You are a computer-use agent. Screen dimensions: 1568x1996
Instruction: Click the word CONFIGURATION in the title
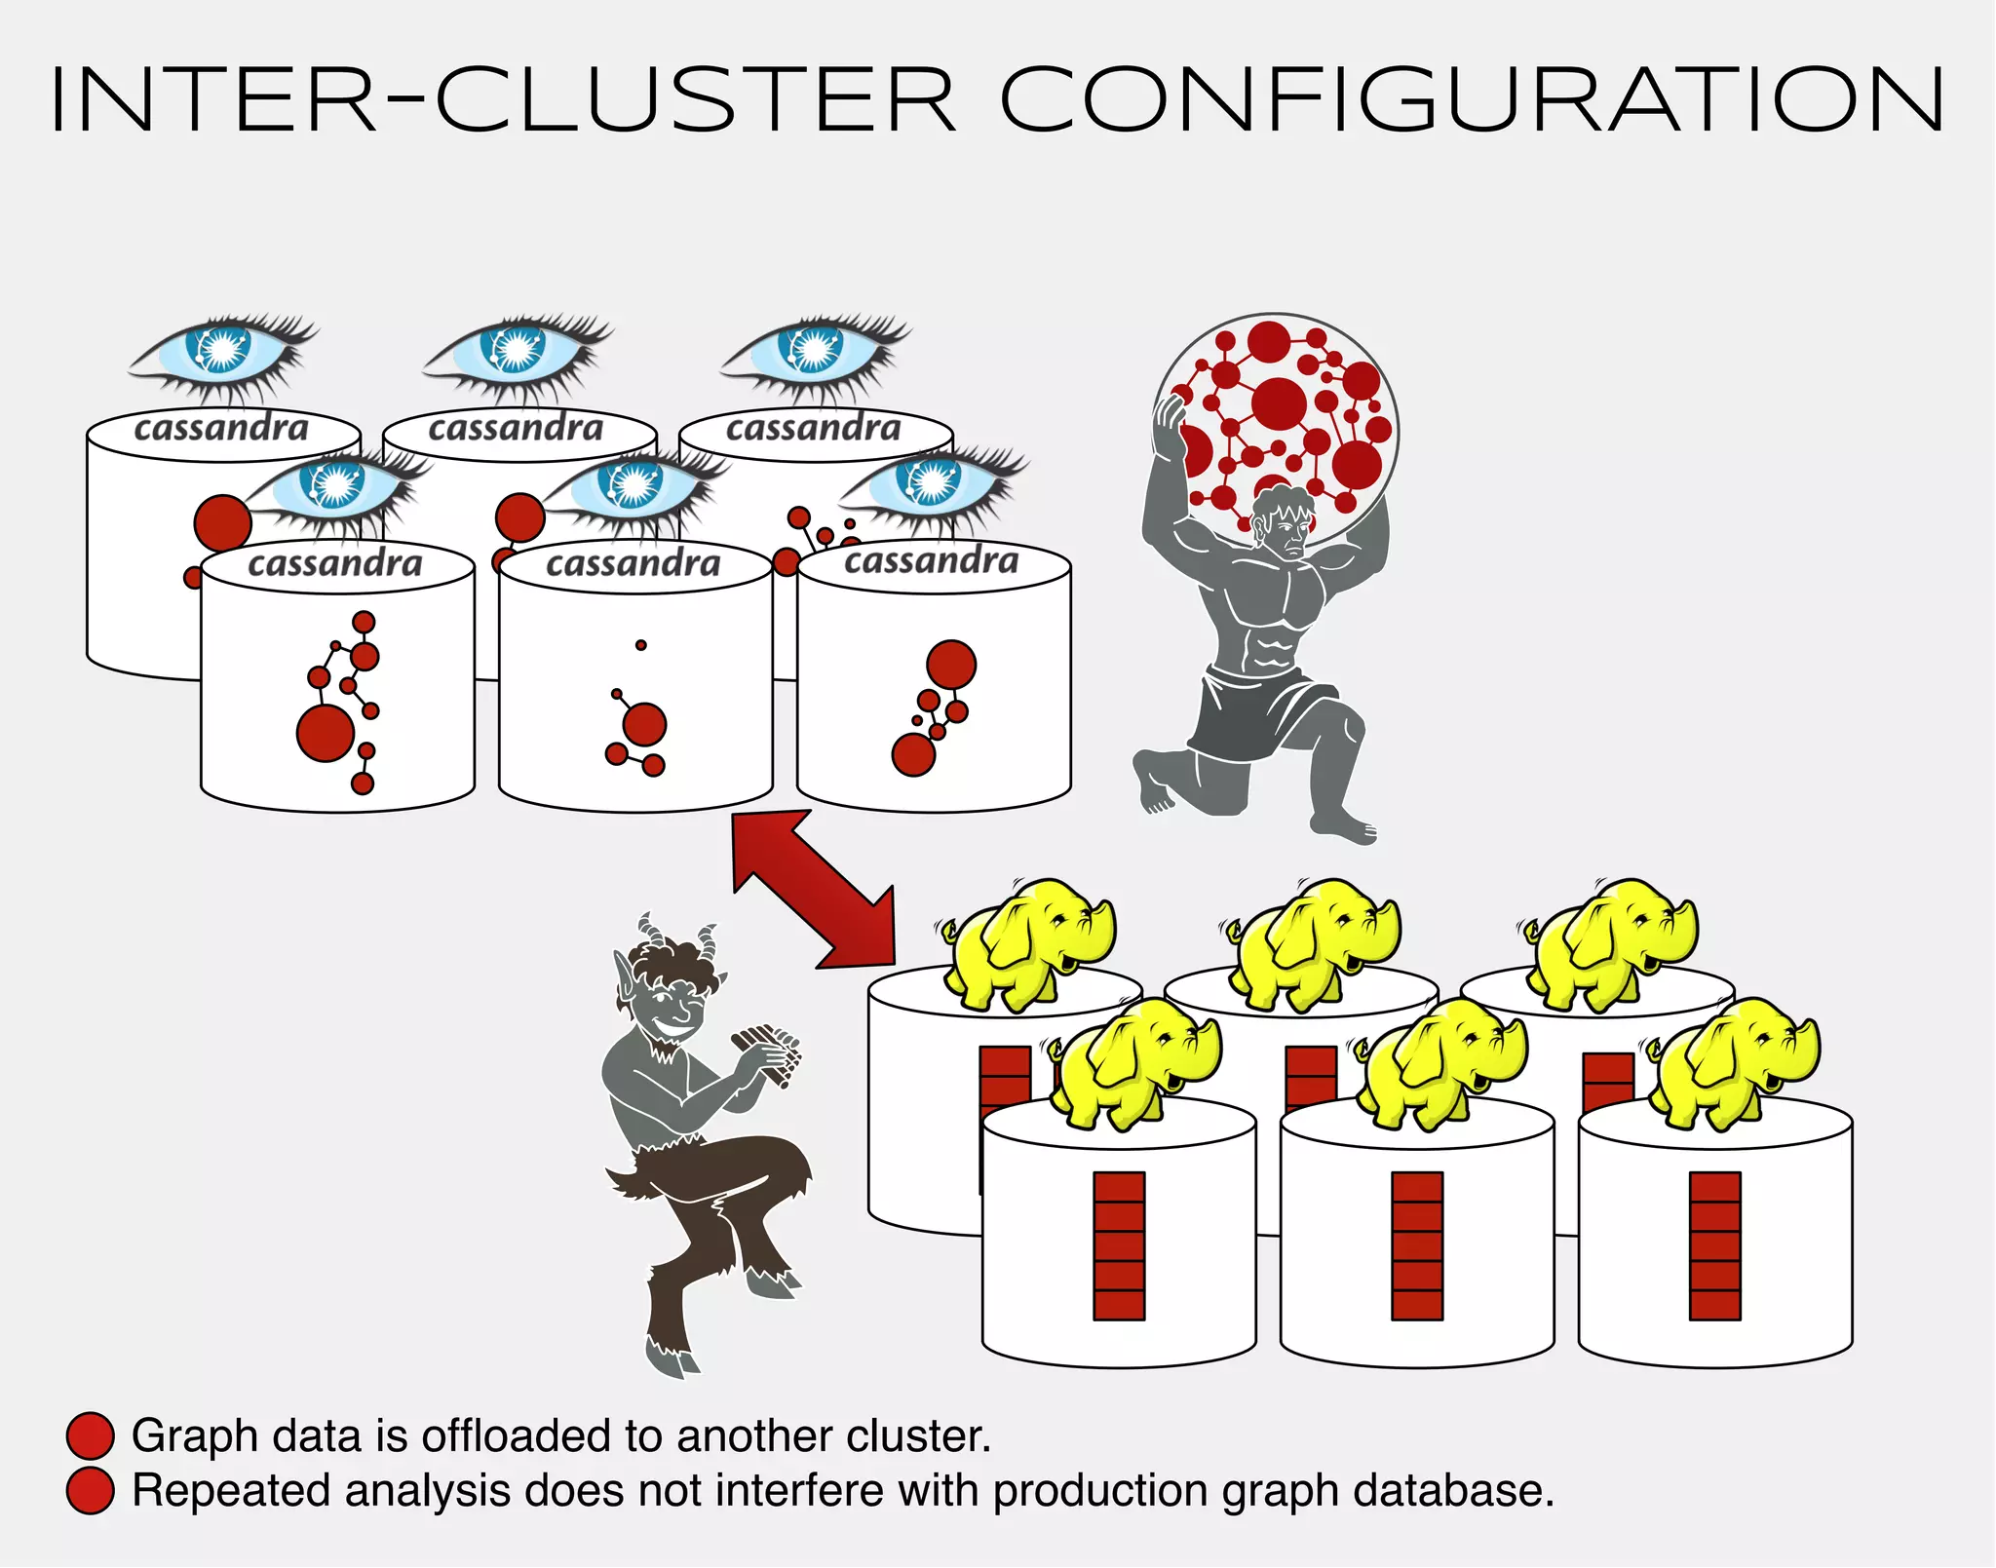1472,99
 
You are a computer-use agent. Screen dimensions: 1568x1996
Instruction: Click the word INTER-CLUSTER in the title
502,99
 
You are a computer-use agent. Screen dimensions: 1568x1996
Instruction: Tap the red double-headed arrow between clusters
814,890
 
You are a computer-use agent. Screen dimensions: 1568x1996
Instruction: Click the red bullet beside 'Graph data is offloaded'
91,1436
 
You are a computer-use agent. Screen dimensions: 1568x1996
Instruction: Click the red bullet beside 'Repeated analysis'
91,1491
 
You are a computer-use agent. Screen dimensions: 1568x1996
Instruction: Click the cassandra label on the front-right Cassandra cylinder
931,561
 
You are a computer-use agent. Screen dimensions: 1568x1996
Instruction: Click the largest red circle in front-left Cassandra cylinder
325,733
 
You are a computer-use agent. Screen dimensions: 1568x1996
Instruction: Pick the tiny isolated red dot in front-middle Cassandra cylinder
640,645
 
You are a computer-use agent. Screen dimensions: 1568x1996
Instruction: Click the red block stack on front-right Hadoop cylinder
1714,1245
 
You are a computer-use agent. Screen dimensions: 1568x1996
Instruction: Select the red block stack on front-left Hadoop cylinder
1119,1245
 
